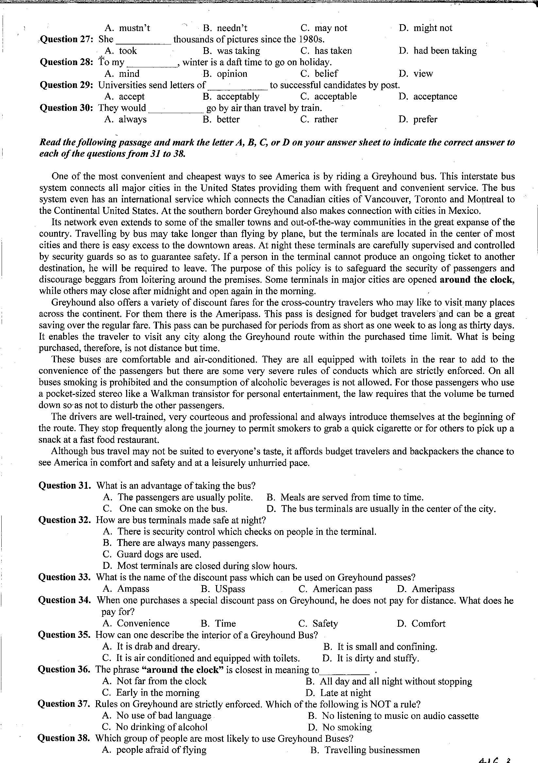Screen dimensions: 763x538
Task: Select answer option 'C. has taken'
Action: coord(326,51)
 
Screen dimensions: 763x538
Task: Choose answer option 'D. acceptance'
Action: coord(428,97)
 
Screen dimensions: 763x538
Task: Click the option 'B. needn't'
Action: coord(225,28)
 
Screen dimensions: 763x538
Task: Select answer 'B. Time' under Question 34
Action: coord(218,623)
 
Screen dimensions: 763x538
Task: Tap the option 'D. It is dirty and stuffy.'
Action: coord(371,658)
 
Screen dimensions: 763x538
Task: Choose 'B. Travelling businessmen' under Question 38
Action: coord(365,750)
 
